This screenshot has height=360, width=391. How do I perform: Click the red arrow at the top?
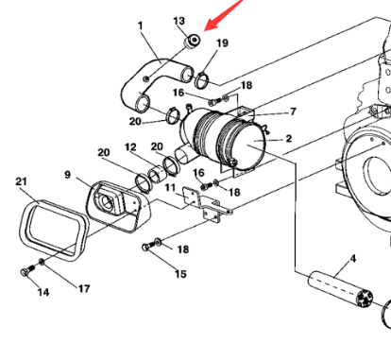(x=224, y=14)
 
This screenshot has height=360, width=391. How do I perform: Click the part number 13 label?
(x=178, y=21)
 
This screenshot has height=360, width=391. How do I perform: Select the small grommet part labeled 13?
(x=192, y=41)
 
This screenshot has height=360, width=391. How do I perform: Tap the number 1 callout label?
(x=140, y=26)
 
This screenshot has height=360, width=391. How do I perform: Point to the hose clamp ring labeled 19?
(x=201, y=80)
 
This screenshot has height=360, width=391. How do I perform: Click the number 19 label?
(x=222, y=43)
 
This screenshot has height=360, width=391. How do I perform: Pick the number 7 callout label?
(x=293, y=111)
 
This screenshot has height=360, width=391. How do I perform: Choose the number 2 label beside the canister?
(x=289, y=139)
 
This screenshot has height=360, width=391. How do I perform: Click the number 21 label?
(x=21, y=181)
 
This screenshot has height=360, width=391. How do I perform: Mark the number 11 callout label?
(x=170, y=188)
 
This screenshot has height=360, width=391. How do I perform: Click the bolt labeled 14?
(x=27, y=270)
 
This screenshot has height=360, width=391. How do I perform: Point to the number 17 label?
(x=84, y=288)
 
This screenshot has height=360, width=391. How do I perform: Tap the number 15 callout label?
(x=180, y=274)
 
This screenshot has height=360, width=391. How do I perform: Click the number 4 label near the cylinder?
(x=353, y=259)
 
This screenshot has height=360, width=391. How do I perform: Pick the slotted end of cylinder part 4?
(x=365, y=299)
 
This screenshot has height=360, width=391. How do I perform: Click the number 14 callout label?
(x=43, y=292)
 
